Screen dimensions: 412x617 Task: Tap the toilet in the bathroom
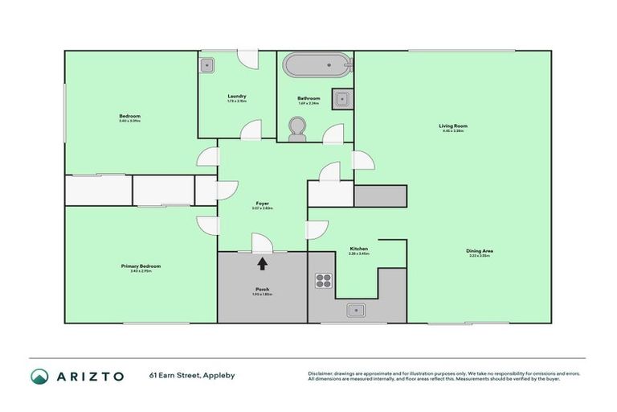(297, 129)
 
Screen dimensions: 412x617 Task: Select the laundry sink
(207, 64)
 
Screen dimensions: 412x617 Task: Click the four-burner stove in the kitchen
(324, 281)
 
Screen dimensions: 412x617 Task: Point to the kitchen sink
(355, 310)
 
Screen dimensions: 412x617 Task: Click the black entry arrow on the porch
(262, 262)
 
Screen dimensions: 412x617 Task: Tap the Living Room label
(453, 126)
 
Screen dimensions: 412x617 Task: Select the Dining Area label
(479, 251)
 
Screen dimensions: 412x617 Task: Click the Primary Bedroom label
(141, 266)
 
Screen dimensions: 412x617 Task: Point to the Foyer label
(262, 204)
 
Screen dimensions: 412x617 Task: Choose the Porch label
(262, 289)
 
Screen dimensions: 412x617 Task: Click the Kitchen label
(358, 249)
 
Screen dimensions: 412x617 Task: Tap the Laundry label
(237, 96)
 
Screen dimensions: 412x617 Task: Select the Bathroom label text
(308, 98)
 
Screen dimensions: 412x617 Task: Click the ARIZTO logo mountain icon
(39, 376)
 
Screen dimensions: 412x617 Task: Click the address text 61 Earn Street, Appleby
(191, 376)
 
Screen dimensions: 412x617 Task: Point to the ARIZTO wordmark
(89, 376)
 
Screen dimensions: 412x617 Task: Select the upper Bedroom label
(129, 117)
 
